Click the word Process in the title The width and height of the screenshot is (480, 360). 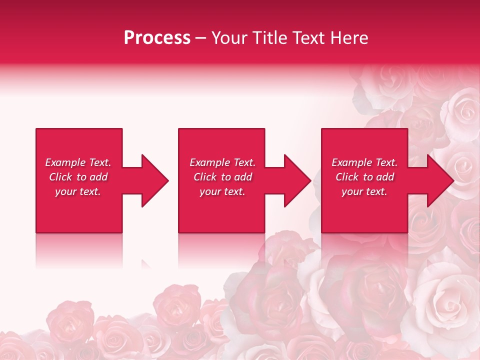[157, 38]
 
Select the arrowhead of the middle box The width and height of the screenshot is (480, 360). [296, 180]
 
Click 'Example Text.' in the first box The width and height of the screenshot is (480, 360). [78, 162]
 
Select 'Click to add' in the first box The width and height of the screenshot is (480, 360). [78, 177]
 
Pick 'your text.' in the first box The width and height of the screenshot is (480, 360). [78, 191]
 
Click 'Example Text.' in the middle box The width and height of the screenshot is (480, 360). [222, 162]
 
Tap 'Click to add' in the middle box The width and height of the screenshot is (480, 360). [222, 177]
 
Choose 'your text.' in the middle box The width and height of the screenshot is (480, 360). [222, 191]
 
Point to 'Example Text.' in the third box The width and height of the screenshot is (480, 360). [364, 162]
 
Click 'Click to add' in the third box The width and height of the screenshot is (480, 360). [364, 177]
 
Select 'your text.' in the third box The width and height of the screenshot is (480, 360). [364, 191]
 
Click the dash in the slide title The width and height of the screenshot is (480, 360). [201, 38]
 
